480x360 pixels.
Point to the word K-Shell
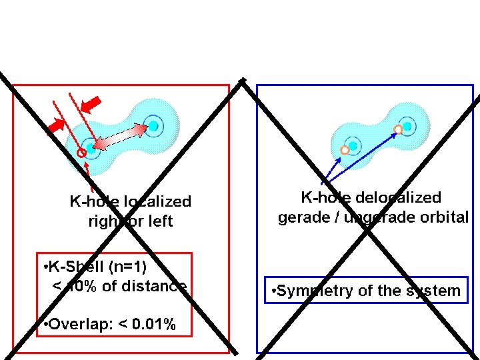76,267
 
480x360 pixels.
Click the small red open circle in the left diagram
81,153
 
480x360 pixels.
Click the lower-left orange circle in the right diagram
345,150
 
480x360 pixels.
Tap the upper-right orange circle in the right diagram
398,129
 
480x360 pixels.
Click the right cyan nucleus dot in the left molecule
154,125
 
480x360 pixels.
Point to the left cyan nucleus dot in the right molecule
353,145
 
